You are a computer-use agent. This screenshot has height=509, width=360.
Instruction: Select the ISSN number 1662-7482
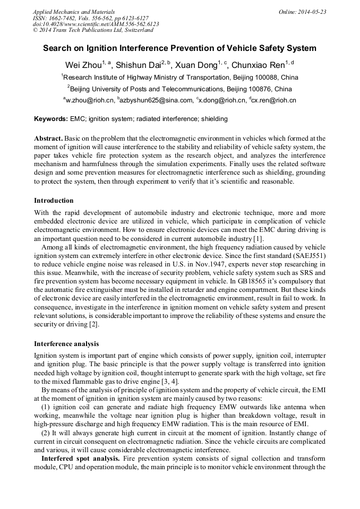[x=63, y=18]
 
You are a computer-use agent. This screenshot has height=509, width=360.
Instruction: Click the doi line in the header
[x=96, y=24]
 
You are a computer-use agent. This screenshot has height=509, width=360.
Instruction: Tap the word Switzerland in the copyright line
[x=137, y=30]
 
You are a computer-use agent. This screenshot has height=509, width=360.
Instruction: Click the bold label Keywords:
[x=51, y=119]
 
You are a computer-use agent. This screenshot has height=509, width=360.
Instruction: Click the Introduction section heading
[x=54, y=201]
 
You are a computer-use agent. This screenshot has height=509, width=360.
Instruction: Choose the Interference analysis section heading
[x=66, y=344]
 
